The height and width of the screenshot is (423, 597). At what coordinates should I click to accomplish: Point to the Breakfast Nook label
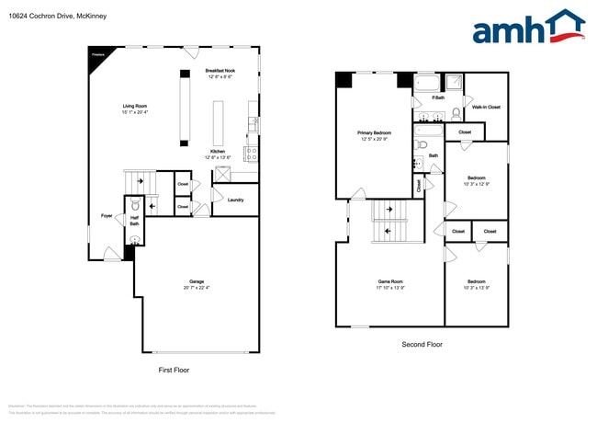(x=218, y=71)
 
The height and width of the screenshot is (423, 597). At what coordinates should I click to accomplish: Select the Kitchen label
(x=218, y=151)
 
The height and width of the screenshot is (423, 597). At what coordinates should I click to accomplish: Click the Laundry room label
(x=235, y=199)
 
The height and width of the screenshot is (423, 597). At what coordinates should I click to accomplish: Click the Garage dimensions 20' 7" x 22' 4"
(x=197, y=288)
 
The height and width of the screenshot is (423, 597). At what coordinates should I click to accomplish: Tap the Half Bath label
(x=134, y=222)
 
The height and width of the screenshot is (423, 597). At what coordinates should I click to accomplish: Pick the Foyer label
(x=107, y=216)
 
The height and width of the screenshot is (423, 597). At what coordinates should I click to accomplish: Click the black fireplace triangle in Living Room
(x=96, y=55)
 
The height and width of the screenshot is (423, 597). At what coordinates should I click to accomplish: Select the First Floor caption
(x=174, y=369)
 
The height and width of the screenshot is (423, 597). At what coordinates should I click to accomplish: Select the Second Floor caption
(x=422, y=344)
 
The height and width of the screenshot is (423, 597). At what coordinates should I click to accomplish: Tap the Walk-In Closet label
(x=486, y=107)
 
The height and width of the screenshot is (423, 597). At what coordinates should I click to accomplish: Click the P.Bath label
(x=438, y=97)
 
